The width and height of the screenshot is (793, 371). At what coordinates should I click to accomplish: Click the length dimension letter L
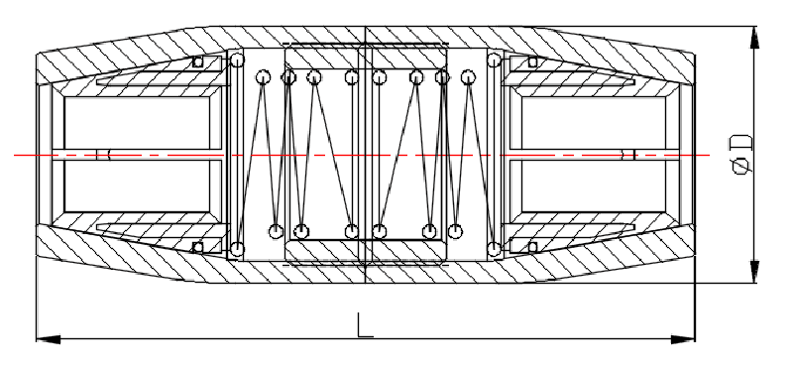pyautogui.click(x=366, y=325)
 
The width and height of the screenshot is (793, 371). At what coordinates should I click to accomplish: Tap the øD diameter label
pyautogui.click(x=740, y=151)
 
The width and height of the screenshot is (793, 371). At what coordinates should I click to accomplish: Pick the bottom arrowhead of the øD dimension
pyautogui.click(x=756, y=273)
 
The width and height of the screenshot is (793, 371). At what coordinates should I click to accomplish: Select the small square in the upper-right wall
pyautogui.click(x=532, y=62)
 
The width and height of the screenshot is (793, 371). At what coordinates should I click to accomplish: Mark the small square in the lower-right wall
pyautogui.click(x=532, y=246)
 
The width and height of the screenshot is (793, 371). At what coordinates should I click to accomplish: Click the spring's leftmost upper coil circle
pyautogui.click(x=238, y=62)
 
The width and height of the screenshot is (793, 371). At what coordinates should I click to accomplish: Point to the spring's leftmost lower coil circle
pyautogui.click(x=238, y=247)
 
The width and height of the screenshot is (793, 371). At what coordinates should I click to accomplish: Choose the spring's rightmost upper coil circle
pyautogui.click(x=493, y=62)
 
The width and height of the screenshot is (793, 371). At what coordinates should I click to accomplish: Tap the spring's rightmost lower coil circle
pyautogui.click(x=493, y=247)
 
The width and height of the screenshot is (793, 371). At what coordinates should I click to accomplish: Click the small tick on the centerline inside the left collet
pyautogui.click(x=104, y=154)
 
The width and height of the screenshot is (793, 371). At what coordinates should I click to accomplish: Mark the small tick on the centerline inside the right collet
pyautogui.click(x=627, y=154)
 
